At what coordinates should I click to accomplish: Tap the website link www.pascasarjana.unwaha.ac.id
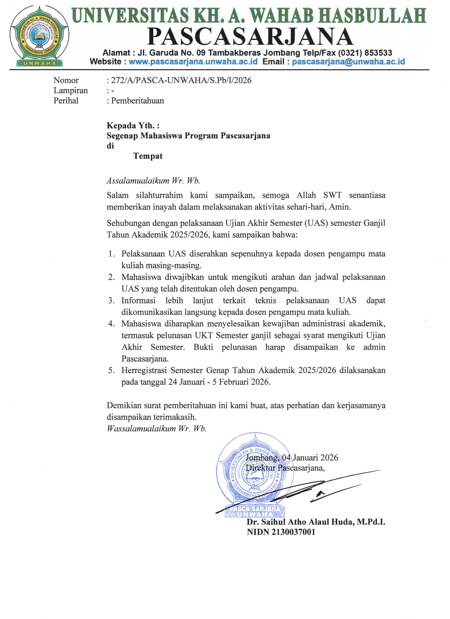tap(193, 61)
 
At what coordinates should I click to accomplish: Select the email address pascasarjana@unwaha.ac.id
tap(348, 61)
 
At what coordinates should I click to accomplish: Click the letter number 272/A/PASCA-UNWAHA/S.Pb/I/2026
tap(181, 80)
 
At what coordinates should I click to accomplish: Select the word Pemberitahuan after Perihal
tap(138, 101)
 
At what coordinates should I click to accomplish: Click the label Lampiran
tap(70, 90)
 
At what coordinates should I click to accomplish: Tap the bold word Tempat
tap(148, 156)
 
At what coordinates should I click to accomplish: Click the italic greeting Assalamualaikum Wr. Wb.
tap(153, 181)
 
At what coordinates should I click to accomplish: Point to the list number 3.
tap(111, 301)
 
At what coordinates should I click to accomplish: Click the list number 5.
tap(111, 371)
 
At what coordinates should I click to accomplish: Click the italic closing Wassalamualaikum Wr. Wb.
tap(157, 428)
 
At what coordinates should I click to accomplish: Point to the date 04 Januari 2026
tap(310, 457)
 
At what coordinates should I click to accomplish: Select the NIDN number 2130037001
tap(294, 532)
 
